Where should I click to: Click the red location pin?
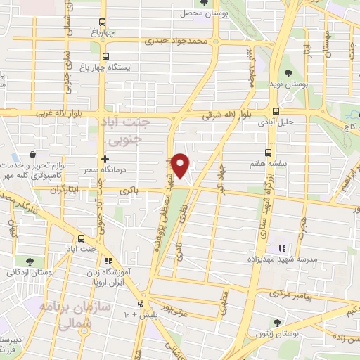click(181, 165)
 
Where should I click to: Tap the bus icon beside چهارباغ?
click(103, 22)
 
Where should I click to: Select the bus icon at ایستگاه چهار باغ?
click(106, 57)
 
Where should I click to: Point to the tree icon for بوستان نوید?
click(288, 72)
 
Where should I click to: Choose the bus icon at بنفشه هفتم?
click(268, 152)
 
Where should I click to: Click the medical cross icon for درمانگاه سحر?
click(105, 159)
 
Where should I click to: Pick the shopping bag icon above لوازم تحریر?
click(33, 153)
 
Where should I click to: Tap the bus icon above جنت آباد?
click(82, 238)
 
